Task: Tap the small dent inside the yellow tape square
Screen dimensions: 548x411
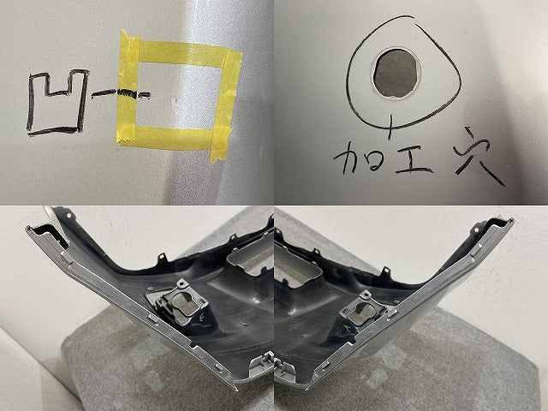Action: tap(175, 100)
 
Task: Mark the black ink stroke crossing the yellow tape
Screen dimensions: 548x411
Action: tap(127, 93)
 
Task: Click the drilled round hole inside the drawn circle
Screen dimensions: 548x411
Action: tap(396, 73)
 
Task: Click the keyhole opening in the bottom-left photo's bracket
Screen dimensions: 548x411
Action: tap(185, 303)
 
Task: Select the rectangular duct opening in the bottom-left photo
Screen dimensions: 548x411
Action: tap(252, 259)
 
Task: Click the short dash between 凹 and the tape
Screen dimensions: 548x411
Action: tap(104, 92)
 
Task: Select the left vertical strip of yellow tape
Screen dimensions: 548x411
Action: tap(128, 87)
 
